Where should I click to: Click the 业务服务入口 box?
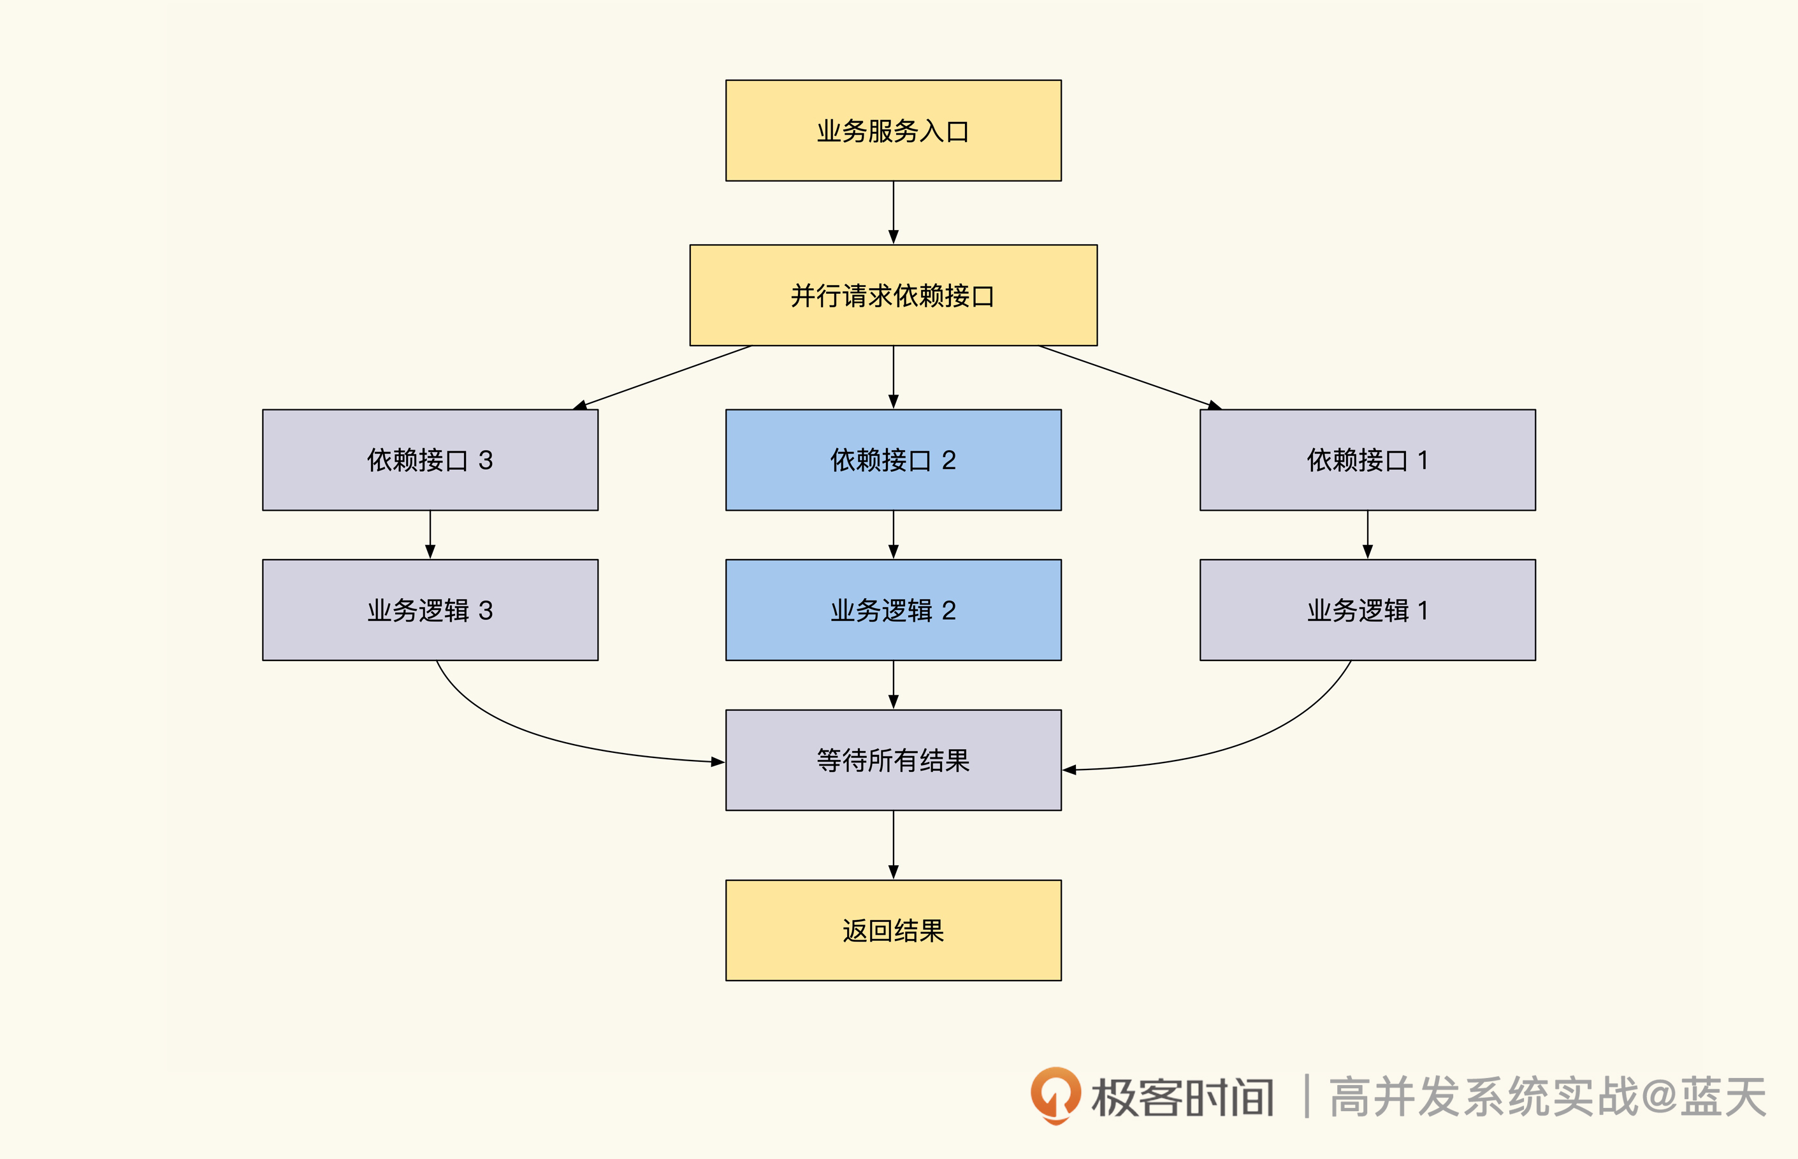click(x=893, y=130)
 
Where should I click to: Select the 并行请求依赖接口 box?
click(x=893, y=295)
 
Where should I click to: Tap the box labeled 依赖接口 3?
click(x=430, y=460)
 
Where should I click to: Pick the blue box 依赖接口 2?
click(x=893, y=460)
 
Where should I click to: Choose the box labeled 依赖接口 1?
click(x=1367, y=460)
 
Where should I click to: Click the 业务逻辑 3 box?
click(x=430, y=609)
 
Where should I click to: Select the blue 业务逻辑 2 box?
click(x=893, y=609)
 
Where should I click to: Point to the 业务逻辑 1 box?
click(x=1367, y=609)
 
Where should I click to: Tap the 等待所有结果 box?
click(x=893, y=760)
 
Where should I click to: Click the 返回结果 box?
click(x=893, y=930)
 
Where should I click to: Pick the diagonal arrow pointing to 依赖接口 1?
click(x=1129, y=376)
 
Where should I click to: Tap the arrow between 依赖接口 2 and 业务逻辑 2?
click(x=893, y=534)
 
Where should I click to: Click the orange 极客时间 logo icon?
click(x=1055, y=1095)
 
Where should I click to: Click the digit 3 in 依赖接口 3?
click(x=485, y=460)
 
